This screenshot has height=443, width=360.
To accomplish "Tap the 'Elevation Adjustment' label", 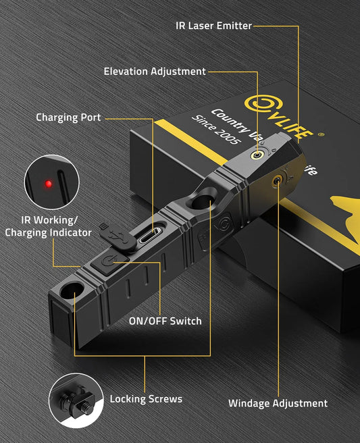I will [155, 72].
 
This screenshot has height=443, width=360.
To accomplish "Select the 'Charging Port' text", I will [68, 118].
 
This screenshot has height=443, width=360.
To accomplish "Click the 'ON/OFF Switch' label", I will [165, 321].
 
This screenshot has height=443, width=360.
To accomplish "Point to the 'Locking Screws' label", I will [147, 399].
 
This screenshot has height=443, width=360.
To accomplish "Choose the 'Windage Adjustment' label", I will [278, 403].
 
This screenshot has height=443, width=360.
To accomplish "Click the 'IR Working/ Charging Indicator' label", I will [48, 226].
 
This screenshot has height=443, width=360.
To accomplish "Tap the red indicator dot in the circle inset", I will [48, 183].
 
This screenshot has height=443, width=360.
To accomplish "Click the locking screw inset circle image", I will [74, 400].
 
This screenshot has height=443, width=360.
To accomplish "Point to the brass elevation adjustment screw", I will [257, 155].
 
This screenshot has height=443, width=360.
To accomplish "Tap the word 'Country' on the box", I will [228, 120].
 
